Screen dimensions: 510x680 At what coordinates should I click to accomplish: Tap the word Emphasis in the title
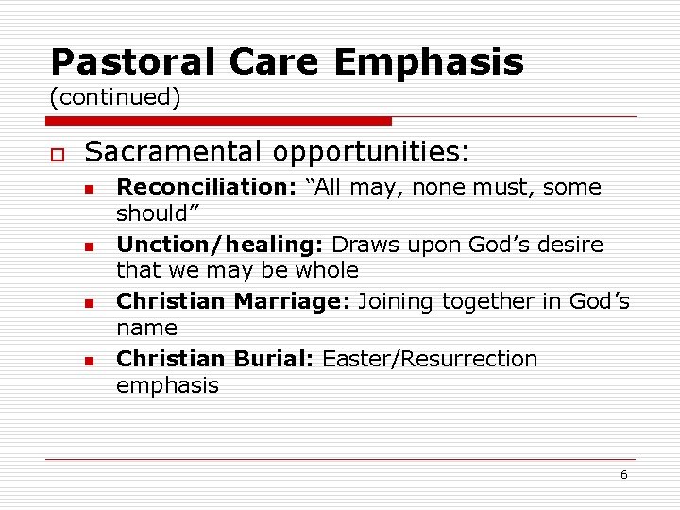coord(428,62)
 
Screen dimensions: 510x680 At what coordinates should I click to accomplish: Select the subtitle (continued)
coord(115,97)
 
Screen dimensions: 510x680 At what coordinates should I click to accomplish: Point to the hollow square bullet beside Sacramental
coord(57,153)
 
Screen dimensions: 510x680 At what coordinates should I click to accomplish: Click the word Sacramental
coord(170,151)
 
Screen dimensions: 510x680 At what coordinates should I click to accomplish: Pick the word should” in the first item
coord(152,213)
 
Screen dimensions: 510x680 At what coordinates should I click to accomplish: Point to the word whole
coord(326,270)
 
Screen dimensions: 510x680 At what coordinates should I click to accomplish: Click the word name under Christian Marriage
coord(146,328)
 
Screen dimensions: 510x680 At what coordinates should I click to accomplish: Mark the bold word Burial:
coord(273,359)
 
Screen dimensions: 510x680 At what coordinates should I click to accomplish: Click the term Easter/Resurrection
coord(430,359)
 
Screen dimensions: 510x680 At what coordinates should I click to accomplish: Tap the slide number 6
coord(623,475)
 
